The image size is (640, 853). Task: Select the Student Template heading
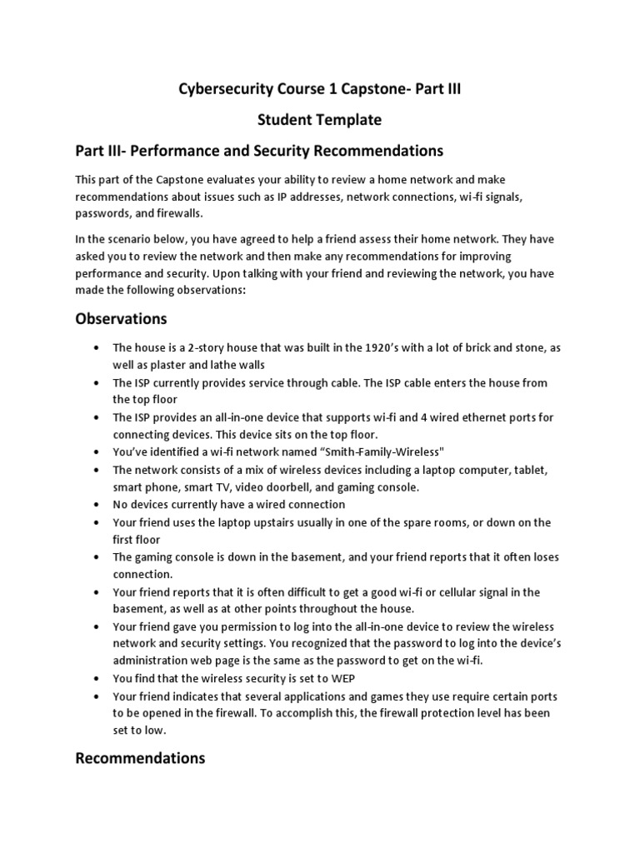click(320, 120)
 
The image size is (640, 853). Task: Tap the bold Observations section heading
click(121, 319)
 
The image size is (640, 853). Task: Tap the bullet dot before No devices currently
click(97, 505)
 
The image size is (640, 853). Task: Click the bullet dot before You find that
click(97, 678)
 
